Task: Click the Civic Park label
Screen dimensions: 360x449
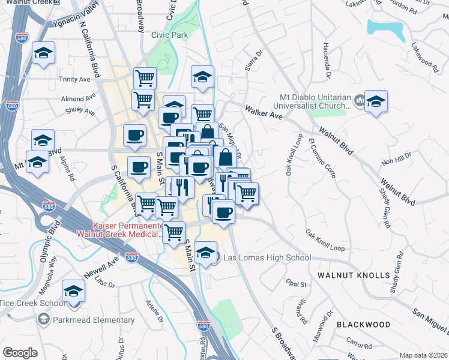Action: click(x=169, y=35)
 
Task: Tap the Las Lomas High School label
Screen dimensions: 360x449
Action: click(x=267, y=258)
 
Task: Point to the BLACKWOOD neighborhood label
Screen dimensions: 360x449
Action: click(x=363, y=325)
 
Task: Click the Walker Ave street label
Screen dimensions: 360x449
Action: click(x=264, y=112)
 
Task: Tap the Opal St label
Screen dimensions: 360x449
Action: click(x=297, y=283)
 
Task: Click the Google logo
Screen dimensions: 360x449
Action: click(x=20, y=352)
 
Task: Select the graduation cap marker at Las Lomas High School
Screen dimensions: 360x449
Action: click(x=205, y=253)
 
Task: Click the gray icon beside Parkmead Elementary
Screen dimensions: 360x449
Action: click(x=43, y=320)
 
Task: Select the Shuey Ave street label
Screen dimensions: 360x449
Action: click(x=80, y=112)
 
